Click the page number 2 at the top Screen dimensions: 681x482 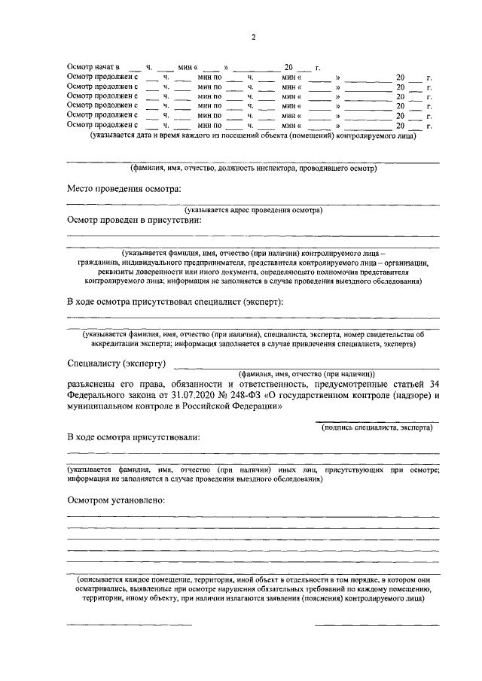(x=254, y=38)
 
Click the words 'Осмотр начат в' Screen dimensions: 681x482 (x=93, y=68)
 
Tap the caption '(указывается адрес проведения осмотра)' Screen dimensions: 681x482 (x=253, y=210)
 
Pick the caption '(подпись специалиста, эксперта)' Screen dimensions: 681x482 (x=377, y=427)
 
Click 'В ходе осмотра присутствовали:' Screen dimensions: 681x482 (x=133, y=436)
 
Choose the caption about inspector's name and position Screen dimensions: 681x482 (x=253, y=168)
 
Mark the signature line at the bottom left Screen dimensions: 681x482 (x=129, y=625)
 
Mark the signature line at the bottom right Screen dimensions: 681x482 (x=377, y=625)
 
